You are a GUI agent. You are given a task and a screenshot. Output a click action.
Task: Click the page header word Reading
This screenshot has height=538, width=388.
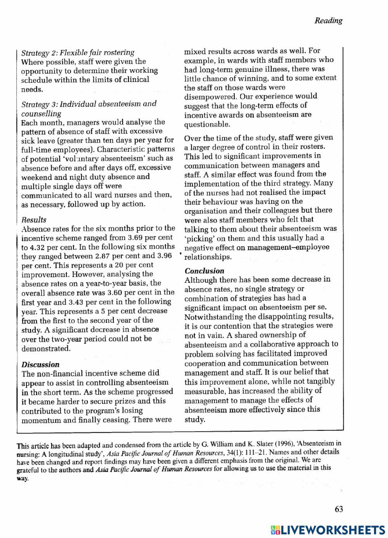click(x=328, y=21)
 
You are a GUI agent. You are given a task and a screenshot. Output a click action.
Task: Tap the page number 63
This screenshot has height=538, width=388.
click(x=338, y=509)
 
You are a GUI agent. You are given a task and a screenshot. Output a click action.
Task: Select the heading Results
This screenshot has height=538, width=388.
click(x=34, y=220)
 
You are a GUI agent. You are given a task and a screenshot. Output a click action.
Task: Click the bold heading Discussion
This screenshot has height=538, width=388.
click(x=40, y=365)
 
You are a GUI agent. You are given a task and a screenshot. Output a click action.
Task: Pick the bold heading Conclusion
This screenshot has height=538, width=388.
click(x=204, y=271)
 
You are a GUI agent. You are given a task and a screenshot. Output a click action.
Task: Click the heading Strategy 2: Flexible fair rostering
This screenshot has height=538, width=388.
click(x=78, y=52)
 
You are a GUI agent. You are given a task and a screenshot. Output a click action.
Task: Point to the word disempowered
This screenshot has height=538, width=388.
click(x=210, y=97)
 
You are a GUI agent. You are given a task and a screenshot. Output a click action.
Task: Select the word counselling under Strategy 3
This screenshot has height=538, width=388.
click(x=41, y=113)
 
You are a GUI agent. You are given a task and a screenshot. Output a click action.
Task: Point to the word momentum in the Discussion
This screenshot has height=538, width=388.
click(x=41, y=420)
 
